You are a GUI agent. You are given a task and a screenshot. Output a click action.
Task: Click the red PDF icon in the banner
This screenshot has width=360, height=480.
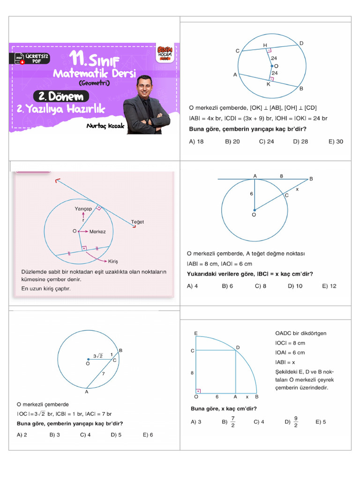coord(20,59)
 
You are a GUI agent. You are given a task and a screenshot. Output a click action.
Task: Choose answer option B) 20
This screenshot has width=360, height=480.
coord(232,142)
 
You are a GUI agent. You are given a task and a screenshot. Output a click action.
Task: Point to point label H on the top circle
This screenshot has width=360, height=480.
coord(264,45)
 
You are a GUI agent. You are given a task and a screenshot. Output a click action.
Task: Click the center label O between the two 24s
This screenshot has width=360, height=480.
coord(276,66)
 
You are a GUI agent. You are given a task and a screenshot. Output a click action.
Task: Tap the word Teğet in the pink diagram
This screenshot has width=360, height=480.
coord(137,222)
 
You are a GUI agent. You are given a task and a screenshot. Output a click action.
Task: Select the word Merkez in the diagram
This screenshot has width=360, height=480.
coord(97,232)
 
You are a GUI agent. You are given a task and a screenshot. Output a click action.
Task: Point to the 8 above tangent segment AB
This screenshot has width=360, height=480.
coord(281,176)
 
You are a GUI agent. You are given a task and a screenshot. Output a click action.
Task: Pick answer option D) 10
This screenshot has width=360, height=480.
coord(295,286)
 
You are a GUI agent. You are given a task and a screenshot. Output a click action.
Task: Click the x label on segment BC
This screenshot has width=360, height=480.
coord(297,189)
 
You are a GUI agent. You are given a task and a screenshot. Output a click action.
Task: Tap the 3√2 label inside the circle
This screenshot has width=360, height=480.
coord(98,356)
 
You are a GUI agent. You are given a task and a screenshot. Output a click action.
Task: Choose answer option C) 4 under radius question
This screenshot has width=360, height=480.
coord(85,435)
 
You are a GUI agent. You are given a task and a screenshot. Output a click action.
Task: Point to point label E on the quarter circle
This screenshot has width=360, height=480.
coord(195,333)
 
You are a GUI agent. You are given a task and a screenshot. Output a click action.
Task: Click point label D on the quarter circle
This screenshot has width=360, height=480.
coord(238,347)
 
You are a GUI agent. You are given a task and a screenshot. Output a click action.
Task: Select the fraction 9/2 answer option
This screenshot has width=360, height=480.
coord(293,422)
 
